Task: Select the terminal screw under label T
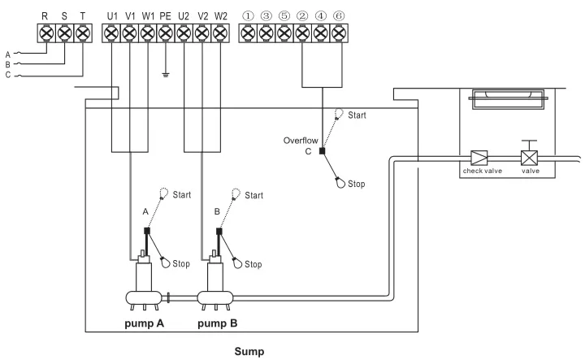(x=82, y=34)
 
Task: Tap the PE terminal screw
(x=165, y=34)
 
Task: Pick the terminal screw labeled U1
(x=110, y=34)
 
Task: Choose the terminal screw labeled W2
(x=219, y=34)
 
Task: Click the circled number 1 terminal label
(x=247, y=15)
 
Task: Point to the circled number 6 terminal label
(x=338, y=15)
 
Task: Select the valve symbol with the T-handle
(x=529, y=158)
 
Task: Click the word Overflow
(x=300, y=140)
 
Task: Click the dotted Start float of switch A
(x=165, y=193)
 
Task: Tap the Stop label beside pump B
(x=253, y=264)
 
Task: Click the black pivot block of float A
(x=147, y=231)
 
